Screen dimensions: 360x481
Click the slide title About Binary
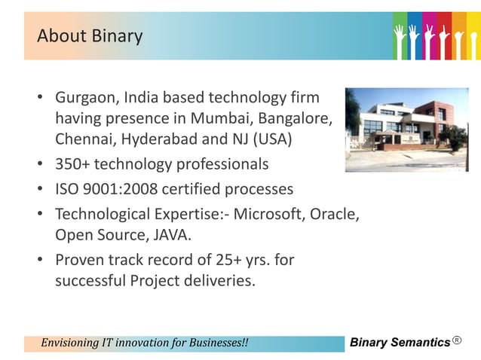coord(90,35)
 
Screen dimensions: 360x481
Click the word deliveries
coord(219,282)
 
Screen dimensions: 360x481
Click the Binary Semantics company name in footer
coord(400,343)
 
